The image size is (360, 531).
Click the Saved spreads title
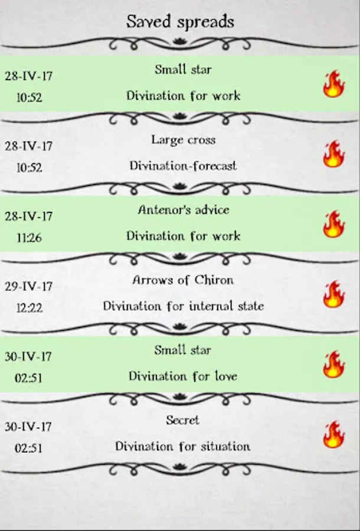point(180,22)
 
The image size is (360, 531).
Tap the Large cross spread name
point(183,140)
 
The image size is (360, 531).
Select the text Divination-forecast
point(183,166)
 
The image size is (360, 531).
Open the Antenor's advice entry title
point(183,210)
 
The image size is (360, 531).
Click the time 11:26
point(29,238)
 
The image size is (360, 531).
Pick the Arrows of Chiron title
point(183,280)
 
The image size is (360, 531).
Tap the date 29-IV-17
point(28,286)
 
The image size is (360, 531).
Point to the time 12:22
point(29,308)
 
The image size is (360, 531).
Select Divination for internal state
point(183,306)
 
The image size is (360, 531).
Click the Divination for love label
point(183,376)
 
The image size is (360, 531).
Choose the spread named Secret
point(183,420)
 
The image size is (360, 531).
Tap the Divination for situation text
point(183,446)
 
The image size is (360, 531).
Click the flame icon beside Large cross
point(333,153)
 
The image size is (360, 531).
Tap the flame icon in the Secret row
point(333,434)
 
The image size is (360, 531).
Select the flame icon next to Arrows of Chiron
point(333,294)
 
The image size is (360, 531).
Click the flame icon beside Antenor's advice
point(333,224)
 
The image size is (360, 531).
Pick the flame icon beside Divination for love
point(333,364)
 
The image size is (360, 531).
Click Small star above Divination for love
point(183,350)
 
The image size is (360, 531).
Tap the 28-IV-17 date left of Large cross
point(28,146)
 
